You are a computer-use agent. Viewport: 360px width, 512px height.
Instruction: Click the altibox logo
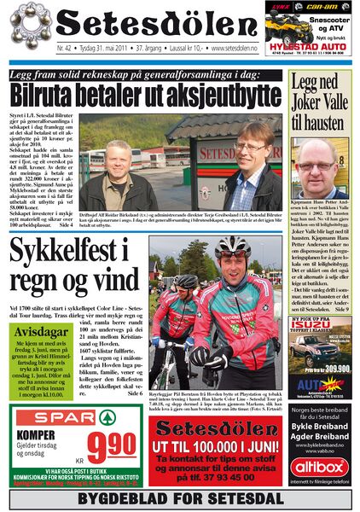coord(320,468)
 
